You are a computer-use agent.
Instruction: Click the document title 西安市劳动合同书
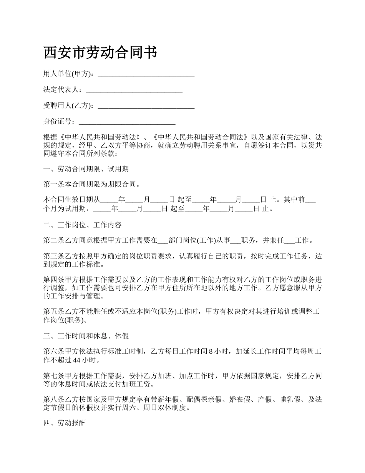coord(100,53)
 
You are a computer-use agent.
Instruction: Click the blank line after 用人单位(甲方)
coord(146,75)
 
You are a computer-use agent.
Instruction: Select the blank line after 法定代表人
coord(134,90)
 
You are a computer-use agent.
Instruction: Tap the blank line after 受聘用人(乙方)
coord(146,106)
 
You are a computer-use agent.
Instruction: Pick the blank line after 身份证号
coord(127,122)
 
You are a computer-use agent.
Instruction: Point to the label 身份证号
coord(57,122)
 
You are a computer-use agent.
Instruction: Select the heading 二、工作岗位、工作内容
coord(83,225)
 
